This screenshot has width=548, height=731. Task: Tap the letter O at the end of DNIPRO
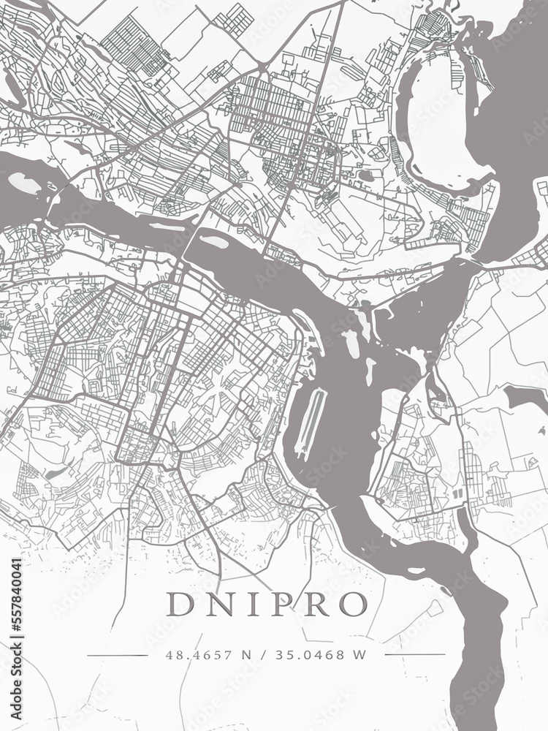[354, 604]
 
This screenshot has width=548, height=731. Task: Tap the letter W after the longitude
[358, 655]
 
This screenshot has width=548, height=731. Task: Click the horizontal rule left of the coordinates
[117, 655]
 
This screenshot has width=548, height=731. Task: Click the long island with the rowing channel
[313, 420]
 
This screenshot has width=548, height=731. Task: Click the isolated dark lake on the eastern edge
[526, 398]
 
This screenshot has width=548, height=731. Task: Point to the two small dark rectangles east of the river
[457, 494]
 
